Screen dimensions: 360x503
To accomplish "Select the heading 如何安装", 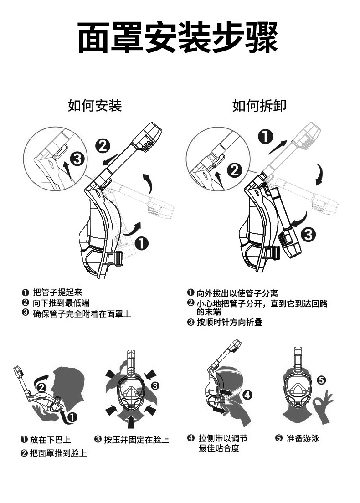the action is click(95, 106).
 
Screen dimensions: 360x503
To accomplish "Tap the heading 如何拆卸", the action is click(259, 106).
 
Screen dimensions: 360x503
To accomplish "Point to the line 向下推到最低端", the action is click(61, 303).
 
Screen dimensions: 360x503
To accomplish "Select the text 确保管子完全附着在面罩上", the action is click(82, 313).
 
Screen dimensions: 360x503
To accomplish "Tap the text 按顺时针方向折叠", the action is click(229, 323).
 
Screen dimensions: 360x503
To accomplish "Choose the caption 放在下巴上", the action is click(50, 440).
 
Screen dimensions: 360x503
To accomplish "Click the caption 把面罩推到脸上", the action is click(58, 453).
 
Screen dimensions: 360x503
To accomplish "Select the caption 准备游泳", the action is click(303, 438).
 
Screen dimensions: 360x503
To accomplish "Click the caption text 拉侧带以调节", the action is click(223, 438).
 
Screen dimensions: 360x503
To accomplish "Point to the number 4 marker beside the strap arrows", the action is click(247, 395).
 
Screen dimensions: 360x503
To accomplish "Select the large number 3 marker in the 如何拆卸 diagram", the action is click(308, 235).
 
